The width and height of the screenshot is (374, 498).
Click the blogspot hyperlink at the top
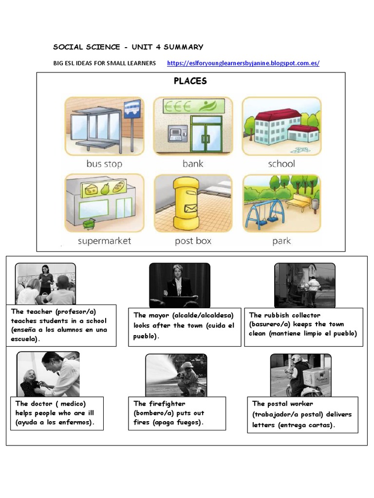(x=243, y=63)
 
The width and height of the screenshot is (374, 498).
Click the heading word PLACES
(x=190, y=81)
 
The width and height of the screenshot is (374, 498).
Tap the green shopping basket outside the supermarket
(x=88, y=224)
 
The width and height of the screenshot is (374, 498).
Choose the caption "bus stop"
(x=104, y=164)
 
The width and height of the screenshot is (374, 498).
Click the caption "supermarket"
(x=104, y=241)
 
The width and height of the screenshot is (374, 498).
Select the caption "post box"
(x=193, y=241)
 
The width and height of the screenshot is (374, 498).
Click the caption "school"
(x=281, y=164)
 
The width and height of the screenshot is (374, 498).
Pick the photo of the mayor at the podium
(x=179, y=285)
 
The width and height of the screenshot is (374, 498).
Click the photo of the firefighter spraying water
(x=176, y=375)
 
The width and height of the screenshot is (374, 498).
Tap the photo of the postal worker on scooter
(x=300, y=375)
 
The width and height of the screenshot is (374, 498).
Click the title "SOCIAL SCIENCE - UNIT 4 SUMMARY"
(x=128, y=47)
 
